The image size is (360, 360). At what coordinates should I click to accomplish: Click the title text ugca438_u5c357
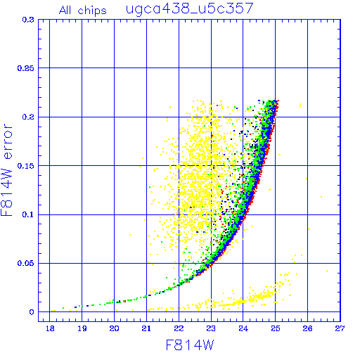click(x=190, y=9)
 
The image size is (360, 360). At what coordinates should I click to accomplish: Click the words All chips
click(x=83, y=11)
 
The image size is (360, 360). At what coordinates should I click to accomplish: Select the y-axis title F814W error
click(x=7, y=169)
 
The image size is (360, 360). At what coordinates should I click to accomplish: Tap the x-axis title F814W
click(x=190, y=345)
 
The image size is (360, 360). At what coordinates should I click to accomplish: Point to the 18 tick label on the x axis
click(x=50, y=328)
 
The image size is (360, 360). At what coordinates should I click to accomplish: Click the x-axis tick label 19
click(x=82, y=328)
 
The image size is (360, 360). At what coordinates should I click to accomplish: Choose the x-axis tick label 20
click(x=114, y=328)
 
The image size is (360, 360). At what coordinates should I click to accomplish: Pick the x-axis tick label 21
click(x=146, y=328)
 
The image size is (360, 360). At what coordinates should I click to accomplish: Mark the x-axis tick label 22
click(x=179, y=328)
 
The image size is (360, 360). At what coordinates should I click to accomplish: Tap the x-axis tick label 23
click(x=211, y=328)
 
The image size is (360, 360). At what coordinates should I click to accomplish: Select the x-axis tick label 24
click(x=243, y=328)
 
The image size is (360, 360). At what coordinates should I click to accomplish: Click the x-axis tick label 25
click(x=276, y=328)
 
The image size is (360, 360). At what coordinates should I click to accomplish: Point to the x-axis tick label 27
click(x=340, y=328)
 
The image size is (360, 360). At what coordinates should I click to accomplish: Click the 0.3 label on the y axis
click(x=28, y=20)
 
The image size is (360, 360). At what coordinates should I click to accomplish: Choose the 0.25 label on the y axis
click(x=25, y=68)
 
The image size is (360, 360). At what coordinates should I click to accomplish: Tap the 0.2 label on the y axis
click(x=28, y=117)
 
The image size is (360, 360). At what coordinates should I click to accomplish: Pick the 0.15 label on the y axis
click(x=25, y=166)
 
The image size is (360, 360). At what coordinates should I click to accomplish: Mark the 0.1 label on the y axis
click(x=28, y=214)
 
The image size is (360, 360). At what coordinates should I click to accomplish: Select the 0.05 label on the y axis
click(x=25, y=263)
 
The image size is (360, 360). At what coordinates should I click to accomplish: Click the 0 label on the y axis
click(x=32, y=312)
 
